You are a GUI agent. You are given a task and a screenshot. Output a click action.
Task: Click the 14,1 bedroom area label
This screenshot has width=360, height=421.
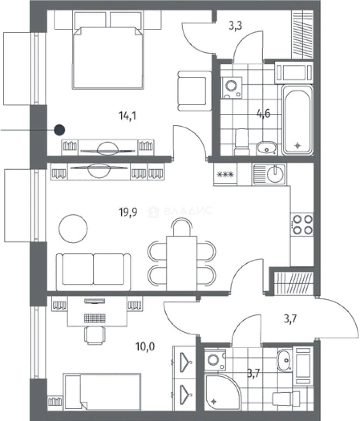(x=127, y=116)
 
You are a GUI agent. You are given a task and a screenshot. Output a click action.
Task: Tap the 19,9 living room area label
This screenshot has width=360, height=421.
(x=128, y=212)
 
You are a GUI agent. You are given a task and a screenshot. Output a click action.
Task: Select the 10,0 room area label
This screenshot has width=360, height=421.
(x=145, y=347)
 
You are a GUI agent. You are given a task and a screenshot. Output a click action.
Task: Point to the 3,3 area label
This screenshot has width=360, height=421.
(x=235, y=26)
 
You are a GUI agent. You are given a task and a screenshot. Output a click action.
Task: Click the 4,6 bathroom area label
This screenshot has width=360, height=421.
(x=263, y=114)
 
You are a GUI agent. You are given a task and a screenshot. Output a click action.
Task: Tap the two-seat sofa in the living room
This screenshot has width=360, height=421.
(x=94, y=272)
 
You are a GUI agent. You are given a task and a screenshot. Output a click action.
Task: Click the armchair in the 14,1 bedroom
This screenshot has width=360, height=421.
(x=194, y=91)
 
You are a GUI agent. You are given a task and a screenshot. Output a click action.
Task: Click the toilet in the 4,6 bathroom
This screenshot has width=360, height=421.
(x=242, y=142)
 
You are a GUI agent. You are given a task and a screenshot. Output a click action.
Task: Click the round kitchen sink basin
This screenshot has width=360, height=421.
(x=275, y=174)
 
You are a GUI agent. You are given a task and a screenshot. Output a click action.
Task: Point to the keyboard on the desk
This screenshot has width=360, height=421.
(x=95, y=318)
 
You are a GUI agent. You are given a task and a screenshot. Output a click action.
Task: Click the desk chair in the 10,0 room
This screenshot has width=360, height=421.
(x=95, y=335)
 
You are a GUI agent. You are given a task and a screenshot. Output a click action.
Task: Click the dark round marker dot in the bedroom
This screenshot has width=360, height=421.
(x=60, y=130)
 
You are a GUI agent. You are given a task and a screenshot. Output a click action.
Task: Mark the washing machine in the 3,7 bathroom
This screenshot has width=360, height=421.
(x=215, y=360)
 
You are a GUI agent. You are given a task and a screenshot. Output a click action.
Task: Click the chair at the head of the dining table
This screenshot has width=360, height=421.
(x=182, y=227)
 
